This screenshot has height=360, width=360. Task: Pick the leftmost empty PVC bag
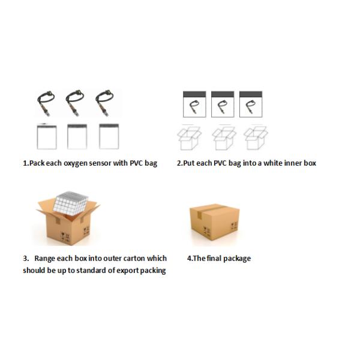(x=47, y=137)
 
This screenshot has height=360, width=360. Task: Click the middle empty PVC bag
(x=77, y=137)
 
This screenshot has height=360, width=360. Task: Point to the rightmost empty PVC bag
(x=109, y=136)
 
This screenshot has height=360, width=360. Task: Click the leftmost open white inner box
(x=189, y=138)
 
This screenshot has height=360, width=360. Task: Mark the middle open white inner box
(x=224, y=138)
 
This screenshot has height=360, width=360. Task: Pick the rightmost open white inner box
(x=256, y=137)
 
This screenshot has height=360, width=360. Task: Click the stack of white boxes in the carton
(x=71, y=203)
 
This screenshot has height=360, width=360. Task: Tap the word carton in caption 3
(x=134, y=258)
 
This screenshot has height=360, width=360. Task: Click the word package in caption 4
(x=237, y=259)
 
